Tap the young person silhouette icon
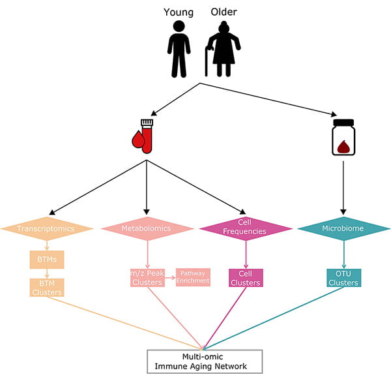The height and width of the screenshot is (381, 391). tap(179, 49)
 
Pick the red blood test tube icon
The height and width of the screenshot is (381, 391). tap(145, 135)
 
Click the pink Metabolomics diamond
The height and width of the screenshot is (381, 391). tap(147, 229)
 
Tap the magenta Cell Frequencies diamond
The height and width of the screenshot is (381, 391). tap(246, 229)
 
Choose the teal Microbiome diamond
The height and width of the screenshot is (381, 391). tap(343, 229)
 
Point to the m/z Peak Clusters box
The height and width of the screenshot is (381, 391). tap(147, 277)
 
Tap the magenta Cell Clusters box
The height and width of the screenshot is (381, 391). tap(246, 278)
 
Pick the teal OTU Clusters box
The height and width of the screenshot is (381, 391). tap(343, 278)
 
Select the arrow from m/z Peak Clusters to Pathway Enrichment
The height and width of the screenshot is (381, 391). tap(171, 277)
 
